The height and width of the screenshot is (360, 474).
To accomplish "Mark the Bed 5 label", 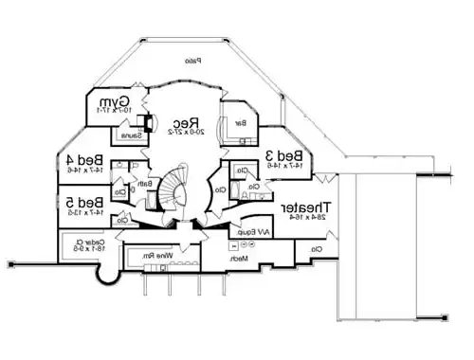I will (x=86, y=203).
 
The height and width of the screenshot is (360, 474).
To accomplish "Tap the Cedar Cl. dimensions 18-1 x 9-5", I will (x=86, y=251).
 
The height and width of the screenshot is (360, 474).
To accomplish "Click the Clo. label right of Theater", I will (x=316, y=248).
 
